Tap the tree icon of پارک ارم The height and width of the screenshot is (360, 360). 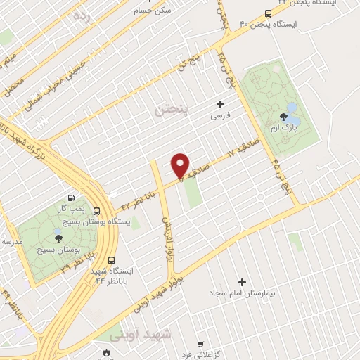[x=284, y=117]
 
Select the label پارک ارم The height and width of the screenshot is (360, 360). [x=285, y=129]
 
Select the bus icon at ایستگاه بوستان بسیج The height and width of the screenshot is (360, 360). [x=96, y=210]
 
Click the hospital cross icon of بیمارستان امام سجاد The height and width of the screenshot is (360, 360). [x=243, y=281]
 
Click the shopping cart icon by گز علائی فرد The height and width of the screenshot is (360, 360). [x=200, y=345]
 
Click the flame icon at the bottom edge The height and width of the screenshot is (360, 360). [x=106, y=353]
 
